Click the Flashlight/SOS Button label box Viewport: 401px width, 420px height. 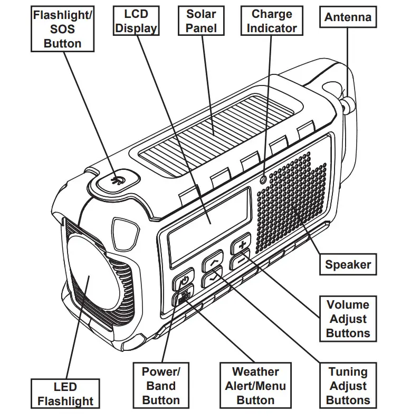tap(62, 29)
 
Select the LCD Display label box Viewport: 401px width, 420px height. tap(136, 21)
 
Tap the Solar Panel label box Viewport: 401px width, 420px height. tap(201, 21)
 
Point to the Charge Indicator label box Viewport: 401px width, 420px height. tap(272, 21)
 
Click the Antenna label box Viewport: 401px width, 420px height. tap(347, 17)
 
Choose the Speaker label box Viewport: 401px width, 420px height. tap(347, 264)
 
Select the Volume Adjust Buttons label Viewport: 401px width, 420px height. tap(348, 319)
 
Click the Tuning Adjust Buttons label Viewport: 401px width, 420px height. tap(348, 386)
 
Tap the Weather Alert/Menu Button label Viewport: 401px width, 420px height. tap(255, 386)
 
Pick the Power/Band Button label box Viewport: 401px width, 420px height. tap(161, 386)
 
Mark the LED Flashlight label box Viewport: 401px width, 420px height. tap(65, 395)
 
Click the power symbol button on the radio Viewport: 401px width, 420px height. tap(184, 281)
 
